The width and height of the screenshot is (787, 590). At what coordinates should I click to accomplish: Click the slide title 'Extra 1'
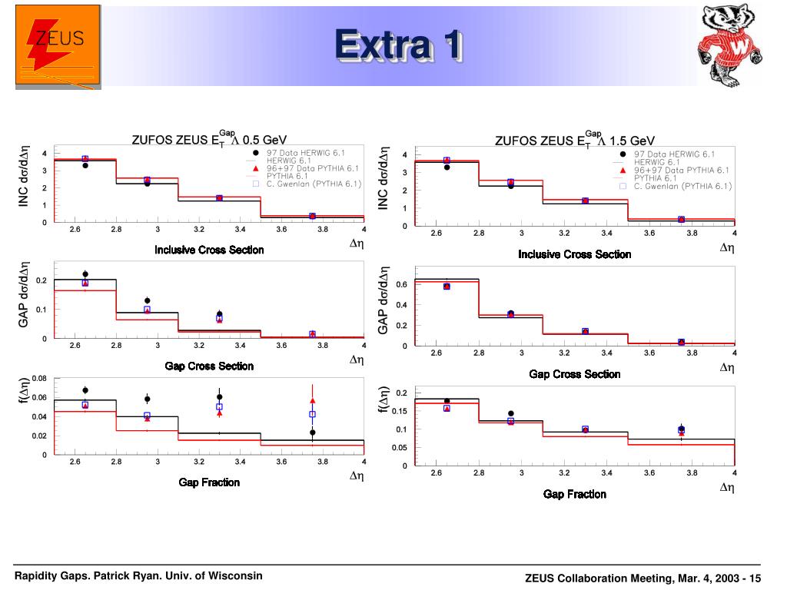(x=398, y=46)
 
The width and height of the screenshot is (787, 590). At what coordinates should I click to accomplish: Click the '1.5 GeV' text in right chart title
(x=632, y=141)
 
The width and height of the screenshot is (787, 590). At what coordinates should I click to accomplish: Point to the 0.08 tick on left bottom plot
(x=39, y=378)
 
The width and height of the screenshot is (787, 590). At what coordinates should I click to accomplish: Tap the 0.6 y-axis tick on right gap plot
(x=401, y=285)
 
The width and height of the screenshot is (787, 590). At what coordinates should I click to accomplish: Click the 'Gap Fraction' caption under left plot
(x=209, y=482)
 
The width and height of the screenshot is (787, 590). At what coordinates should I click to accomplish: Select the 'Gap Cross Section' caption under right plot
(x=576, y=374)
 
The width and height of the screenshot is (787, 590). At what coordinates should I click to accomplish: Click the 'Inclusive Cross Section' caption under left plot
(x=209, y=250)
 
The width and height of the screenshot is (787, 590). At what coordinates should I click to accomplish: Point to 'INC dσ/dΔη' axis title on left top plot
(x=24, y=177)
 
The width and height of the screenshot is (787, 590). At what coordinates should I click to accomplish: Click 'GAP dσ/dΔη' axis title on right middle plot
(x=383, y=300)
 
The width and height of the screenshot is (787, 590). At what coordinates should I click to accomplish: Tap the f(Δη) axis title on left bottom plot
(x=24, y=390)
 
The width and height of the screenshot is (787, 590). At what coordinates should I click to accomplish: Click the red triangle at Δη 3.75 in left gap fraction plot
(x=312, y=400)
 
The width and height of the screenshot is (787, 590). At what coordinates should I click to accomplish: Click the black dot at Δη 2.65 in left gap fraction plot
(x=85, y=390)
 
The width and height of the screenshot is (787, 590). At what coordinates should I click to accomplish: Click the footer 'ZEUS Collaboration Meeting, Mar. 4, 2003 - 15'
(x=643, y=578)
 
